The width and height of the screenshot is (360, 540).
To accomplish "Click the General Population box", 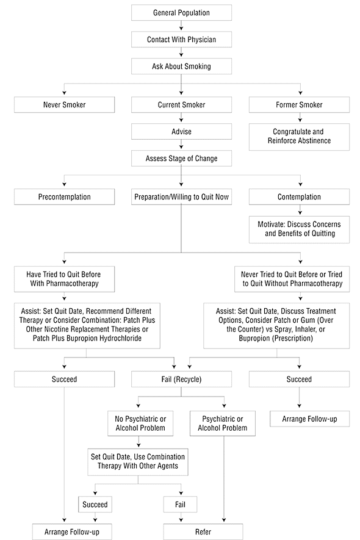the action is [181, 13].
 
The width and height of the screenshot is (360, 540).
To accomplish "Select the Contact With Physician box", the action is [181, 40].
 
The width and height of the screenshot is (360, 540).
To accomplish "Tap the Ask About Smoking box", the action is [181, 67].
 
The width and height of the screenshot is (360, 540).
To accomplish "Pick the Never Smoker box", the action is [65, 105].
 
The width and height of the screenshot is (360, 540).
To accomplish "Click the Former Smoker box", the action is [299, 105].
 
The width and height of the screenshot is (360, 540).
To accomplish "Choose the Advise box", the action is [181, 132].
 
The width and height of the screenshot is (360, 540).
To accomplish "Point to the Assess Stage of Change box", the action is [181, 159].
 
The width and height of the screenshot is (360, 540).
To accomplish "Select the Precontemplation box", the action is [65, 197].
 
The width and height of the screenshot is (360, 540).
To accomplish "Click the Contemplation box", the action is [299, 197].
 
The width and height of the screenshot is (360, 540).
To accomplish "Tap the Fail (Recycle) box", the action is [181, 379].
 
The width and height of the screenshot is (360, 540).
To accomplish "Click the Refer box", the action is [203, 531].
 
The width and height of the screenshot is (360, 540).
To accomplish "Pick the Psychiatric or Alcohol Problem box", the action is [223, 423].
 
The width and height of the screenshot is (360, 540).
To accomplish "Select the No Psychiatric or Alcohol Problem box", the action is [140, 423].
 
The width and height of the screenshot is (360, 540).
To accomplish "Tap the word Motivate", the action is [272, 224].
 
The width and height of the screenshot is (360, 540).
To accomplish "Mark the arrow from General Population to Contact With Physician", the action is [181, 26].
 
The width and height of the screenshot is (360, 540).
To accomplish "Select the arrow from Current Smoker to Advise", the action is [181, 118].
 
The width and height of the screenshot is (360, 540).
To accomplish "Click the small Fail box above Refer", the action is [180, 505].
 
